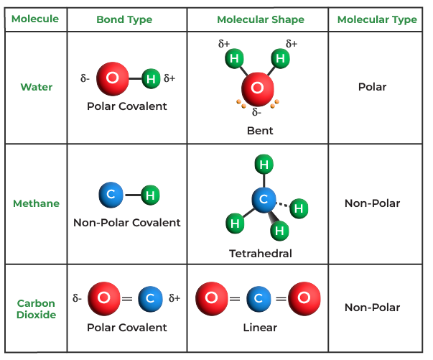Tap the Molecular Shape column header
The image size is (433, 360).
260,19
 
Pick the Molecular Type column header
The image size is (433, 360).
376,19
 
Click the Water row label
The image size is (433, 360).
36,87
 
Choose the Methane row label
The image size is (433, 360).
36,203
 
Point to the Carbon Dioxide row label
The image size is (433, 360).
36,308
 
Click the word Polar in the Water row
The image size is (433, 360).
372,87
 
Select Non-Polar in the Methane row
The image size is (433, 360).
372,203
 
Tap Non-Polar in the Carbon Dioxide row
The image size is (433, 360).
372,308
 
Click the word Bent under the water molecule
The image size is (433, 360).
260,131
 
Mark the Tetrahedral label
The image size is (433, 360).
260,253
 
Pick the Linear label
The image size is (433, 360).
260,328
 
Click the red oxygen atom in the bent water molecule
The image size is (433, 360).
257,91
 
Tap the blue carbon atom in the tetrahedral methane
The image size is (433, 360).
264,199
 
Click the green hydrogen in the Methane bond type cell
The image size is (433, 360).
150,194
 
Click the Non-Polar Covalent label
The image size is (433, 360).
126,223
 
